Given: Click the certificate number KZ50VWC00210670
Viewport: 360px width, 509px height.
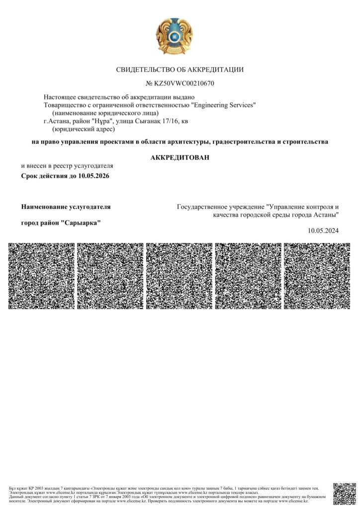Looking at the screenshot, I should (184, 83).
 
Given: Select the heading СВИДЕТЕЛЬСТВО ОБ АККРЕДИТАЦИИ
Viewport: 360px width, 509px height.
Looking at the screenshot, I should (180, 70).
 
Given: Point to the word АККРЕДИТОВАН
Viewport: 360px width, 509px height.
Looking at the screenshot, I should (180, 158).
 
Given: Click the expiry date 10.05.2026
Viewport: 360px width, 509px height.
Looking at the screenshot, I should (93, 176).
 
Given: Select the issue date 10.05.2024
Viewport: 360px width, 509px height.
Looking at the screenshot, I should (323, 230).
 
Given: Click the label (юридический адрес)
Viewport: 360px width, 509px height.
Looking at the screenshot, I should (84, 129).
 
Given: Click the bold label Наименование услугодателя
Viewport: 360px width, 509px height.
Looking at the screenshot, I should (66, 206).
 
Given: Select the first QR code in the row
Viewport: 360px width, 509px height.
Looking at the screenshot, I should (42, 276).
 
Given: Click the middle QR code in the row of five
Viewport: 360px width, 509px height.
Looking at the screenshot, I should (180, 276).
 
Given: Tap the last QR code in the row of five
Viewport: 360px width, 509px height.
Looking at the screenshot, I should (317, 276).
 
